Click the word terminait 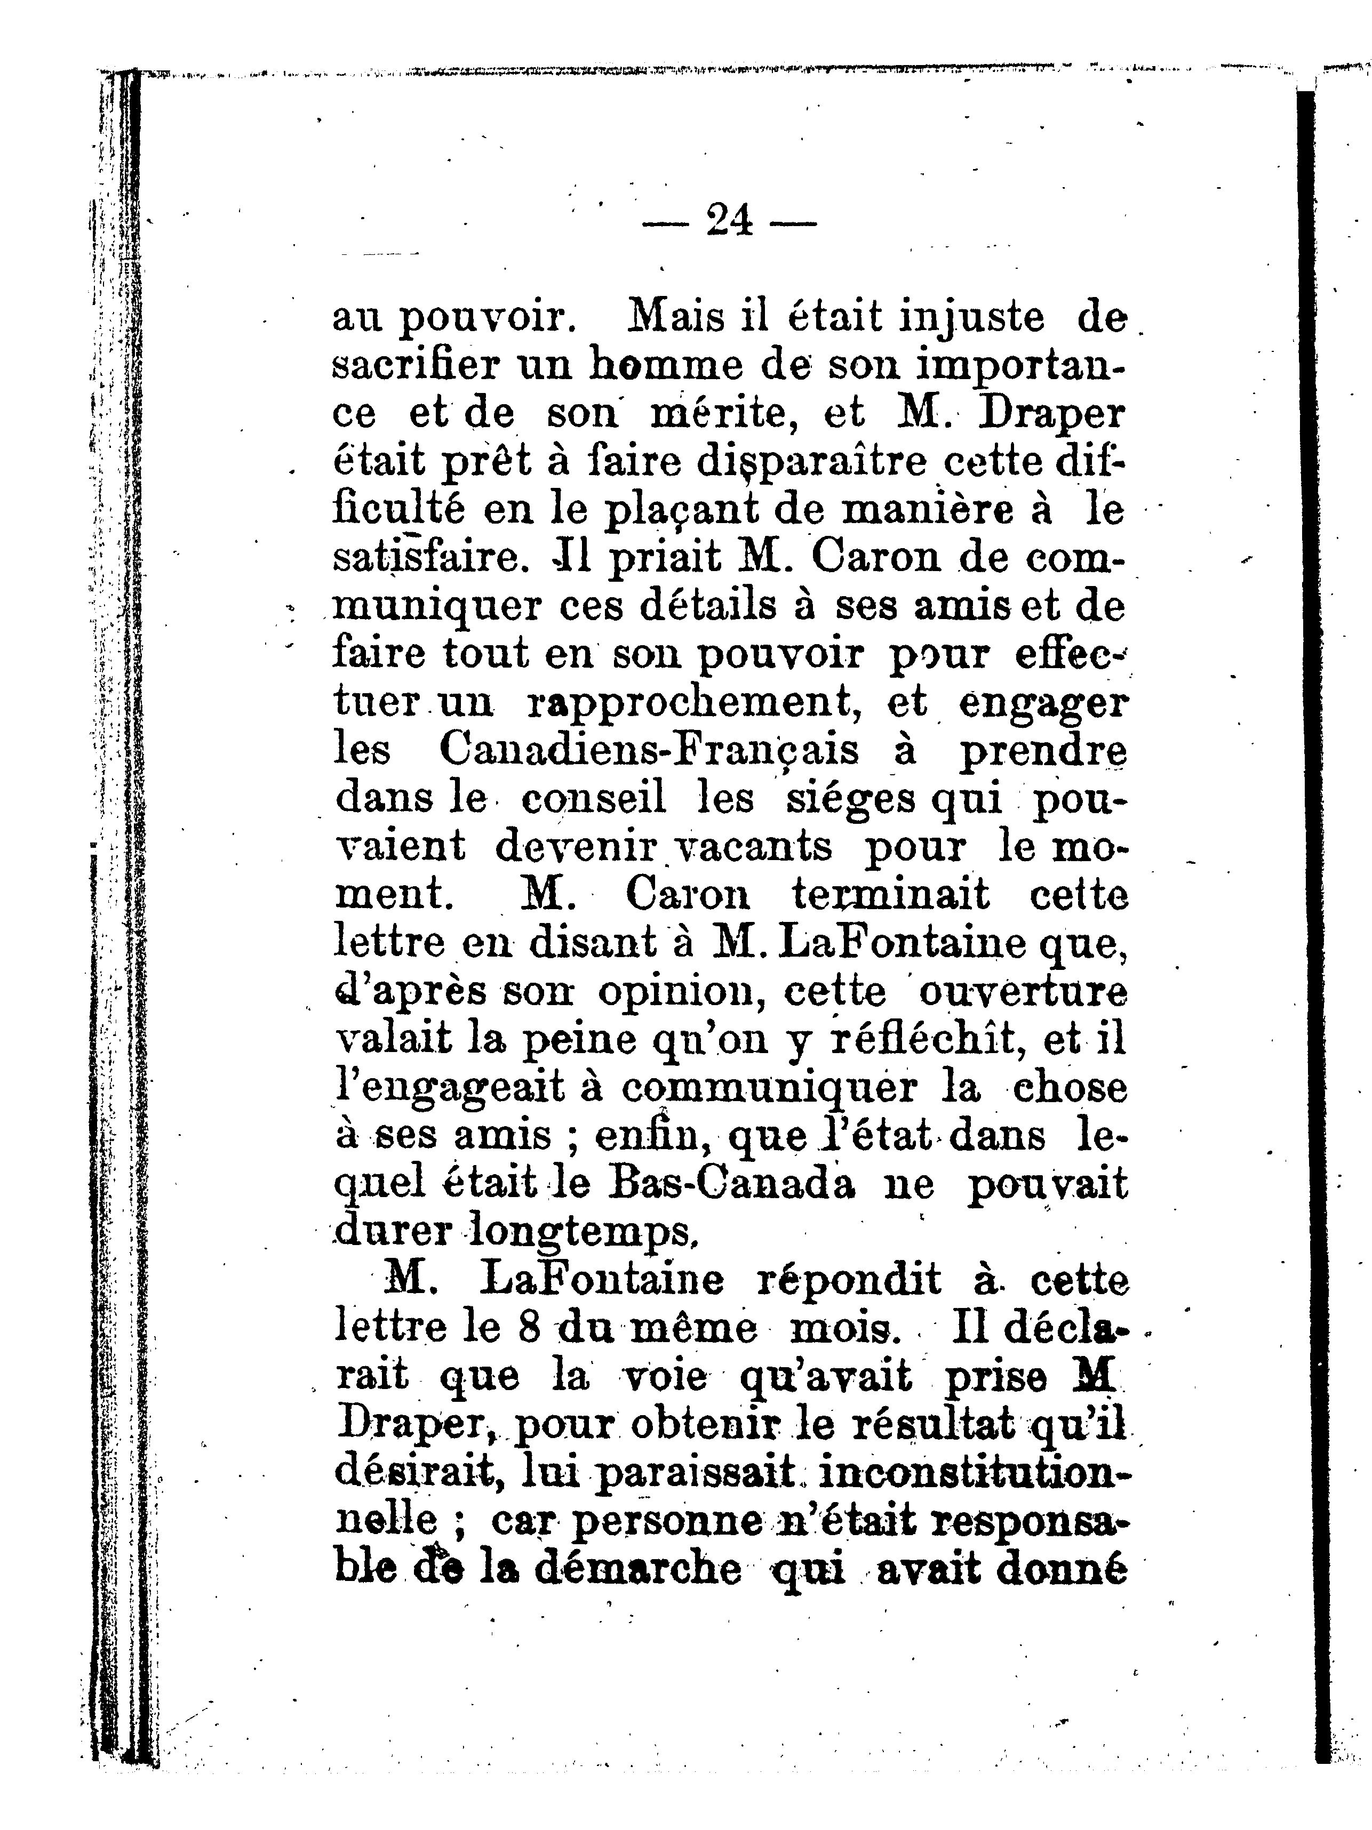(x=890, y=894)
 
